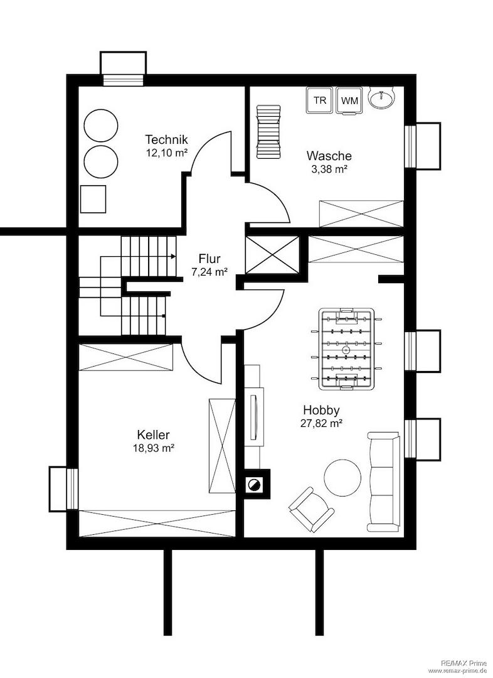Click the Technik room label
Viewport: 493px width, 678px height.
tap(166, 139)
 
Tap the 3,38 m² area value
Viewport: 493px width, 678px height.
tap(330, 169)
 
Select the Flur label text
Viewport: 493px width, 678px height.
tap(209, 259)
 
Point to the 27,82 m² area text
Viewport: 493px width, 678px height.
tap(322, 423)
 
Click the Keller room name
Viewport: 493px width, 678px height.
tap(154, 434)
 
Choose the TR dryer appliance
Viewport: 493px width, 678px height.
tap(320, 100)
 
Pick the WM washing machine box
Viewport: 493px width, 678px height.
tap(349, 100)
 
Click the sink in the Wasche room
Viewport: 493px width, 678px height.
tap(381, 97)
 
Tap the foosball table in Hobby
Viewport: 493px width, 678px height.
tap(346, 348)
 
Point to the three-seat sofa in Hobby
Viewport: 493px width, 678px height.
tap(383, 482)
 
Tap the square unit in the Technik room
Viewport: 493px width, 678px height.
tap(93, 199)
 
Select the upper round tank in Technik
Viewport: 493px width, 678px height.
tap(101, 126)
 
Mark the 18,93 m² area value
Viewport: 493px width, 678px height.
tap(154, 448)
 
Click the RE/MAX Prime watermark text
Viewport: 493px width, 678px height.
tap(467, 662)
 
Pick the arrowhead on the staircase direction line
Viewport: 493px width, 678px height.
tap(173, 256)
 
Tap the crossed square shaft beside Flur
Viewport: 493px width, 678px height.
tap(272, 255)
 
